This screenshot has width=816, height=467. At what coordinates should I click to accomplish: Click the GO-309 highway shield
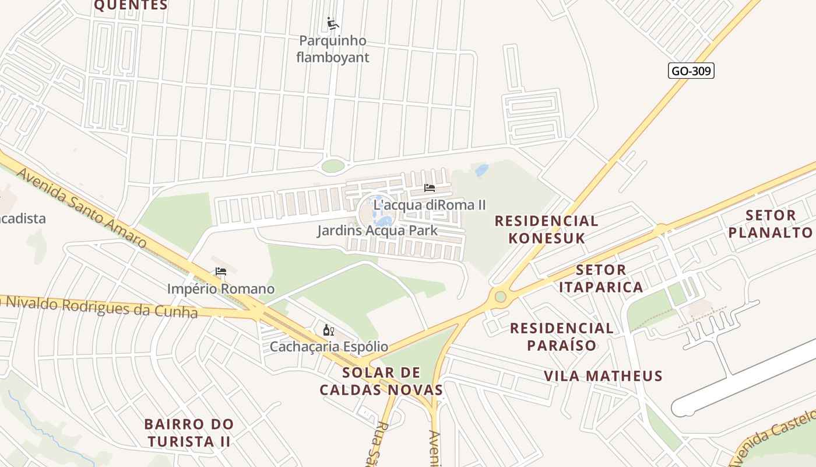point(691,71)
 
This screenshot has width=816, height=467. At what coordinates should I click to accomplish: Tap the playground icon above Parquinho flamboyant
point(333,24)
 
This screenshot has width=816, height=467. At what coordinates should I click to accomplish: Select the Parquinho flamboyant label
point(333,49)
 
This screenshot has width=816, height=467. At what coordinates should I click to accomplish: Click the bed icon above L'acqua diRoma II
point(430,188)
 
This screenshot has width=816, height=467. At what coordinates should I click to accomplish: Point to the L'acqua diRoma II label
point(430,205)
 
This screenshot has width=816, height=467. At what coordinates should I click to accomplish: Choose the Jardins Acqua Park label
point(377,231)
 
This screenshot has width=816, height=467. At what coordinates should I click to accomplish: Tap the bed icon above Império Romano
point(221,271)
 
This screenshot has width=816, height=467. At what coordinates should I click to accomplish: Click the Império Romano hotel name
point(221,289)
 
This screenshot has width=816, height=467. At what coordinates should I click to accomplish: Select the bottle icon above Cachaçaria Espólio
point(329,330)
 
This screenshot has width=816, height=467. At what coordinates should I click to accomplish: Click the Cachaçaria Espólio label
point(329,347)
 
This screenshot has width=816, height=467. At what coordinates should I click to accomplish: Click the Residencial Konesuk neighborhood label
point(546,229)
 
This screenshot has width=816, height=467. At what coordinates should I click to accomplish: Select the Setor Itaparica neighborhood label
point(601,278)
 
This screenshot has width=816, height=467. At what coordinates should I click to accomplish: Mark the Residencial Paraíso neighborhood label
point(562,337)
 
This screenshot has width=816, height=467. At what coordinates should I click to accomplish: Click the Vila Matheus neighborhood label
point(603,376)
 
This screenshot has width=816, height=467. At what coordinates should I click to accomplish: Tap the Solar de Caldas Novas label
point(382,381)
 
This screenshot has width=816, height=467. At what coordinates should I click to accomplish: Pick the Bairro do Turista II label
point(189,433)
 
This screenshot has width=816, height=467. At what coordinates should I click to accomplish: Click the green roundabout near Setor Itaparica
point(500,297)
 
